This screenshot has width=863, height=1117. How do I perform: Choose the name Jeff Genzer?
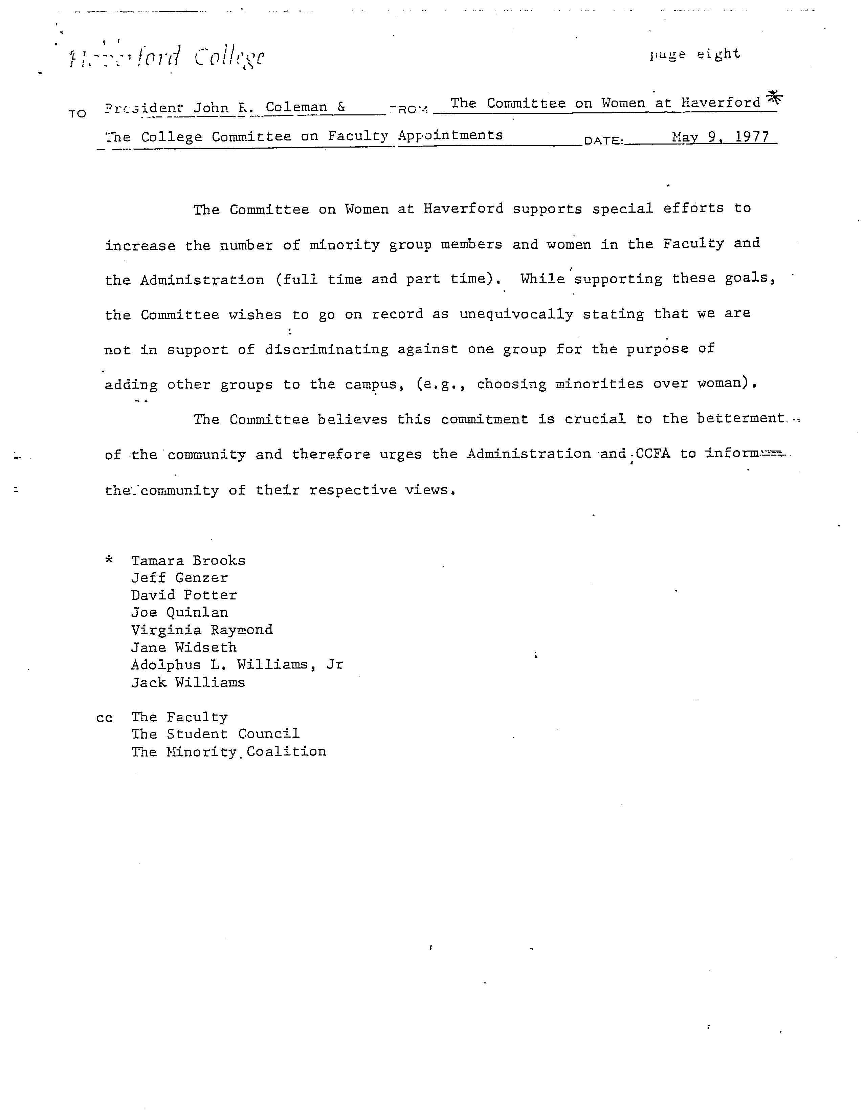tap(179, 578)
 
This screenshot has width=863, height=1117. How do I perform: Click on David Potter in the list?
tap(184, 595)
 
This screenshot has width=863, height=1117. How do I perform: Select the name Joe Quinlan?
tap(179, 613)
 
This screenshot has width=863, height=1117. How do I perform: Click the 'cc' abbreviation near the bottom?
tap(104, 718)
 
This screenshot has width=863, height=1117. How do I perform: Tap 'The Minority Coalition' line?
tap(228, 752)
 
